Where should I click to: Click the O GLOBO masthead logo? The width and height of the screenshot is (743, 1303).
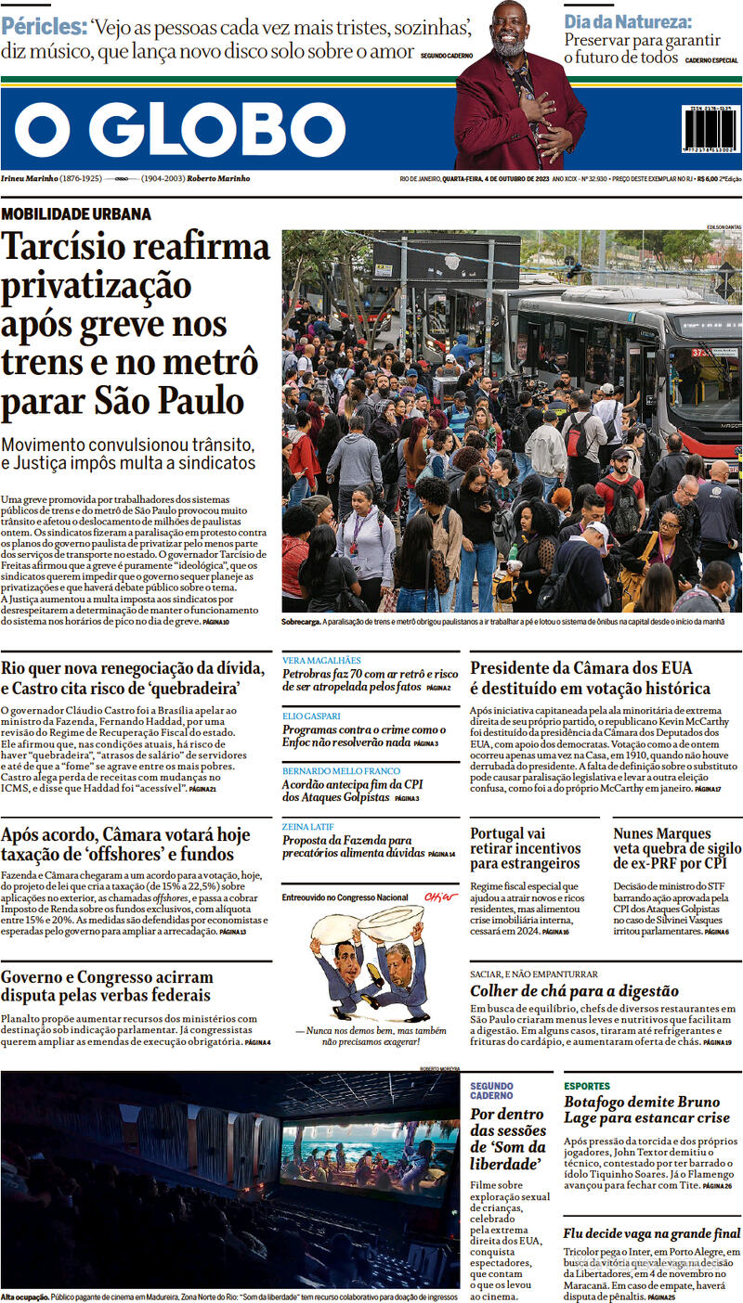pos(180,130)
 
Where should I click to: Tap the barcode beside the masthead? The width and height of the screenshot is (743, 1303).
pos(711,135)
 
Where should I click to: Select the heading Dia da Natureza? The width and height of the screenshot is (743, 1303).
pos(628,20)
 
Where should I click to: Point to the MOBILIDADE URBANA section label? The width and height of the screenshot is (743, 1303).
pos(76,214)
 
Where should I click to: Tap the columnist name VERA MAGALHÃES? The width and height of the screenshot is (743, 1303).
pos(320,660)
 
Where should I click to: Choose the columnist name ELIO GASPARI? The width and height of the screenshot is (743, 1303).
pos(311,716)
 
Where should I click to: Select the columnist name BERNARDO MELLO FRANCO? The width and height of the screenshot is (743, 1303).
pos(341,771)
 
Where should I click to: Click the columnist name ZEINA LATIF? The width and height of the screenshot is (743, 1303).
pos(309,826)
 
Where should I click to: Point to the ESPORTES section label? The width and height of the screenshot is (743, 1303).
pos(587,1086)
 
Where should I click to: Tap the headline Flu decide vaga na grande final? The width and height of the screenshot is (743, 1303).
pos(651,1233)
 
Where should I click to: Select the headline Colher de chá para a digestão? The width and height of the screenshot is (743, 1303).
pos(574,991)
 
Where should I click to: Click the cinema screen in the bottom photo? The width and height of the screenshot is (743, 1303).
pos(368,1158)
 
